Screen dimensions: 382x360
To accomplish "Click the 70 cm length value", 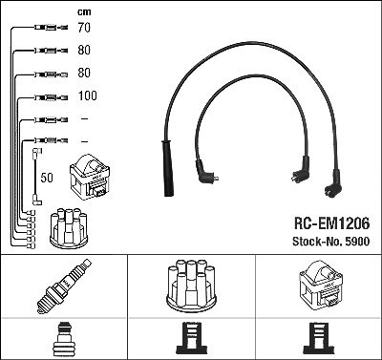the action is (x=84, y=28).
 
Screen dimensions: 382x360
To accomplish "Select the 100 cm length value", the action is (x=88, y=95).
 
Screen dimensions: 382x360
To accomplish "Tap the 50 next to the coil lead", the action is (x=47, y=178).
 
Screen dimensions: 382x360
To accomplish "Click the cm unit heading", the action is (x=84, y=12).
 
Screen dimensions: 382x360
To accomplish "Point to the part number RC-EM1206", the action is (x=331, y=223).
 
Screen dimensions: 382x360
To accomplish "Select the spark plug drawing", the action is (x=64, y=286).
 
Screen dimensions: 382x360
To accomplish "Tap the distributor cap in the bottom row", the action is (x=191, y=286).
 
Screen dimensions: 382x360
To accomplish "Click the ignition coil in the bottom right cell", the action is (x=319, y=286).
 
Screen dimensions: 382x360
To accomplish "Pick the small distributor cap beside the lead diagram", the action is (x=69, y=228).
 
